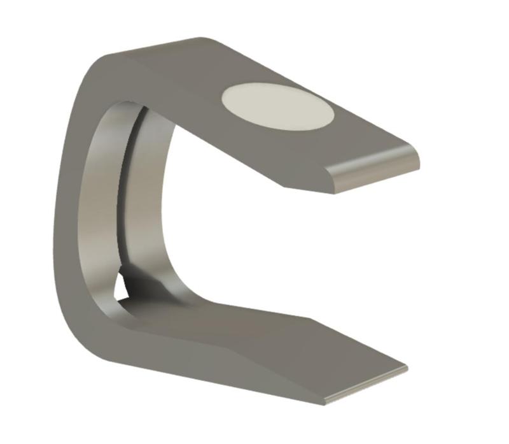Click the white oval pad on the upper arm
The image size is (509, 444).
point(277,106)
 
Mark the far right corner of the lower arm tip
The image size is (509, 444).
point(407,368)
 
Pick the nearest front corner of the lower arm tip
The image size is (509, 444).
point(324,402)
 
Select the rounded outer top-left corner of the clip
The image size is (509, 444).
point(95,64)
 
